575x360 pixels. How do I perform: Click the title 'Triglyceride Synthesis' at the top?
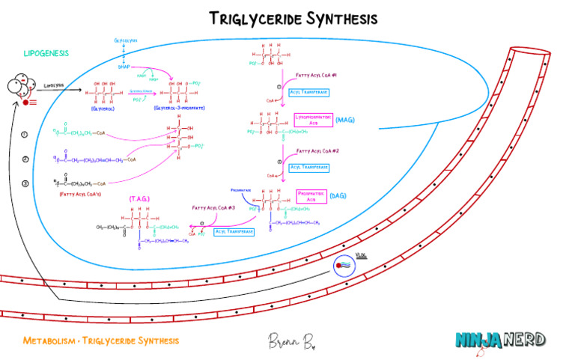(x=293, y=18)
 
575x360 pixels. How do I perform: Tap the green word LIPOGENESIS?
(x=46, y=53)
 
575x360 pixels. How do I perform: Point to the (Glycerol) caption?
(x=103, y=109)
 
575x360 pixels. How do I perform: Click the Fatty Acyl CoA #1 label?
(x=317, y=76)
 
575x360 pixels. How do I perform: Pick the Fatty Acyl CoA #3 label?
(x=213, y=207)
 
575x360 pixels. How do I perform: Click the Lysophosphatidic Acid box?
(x=313, y=120)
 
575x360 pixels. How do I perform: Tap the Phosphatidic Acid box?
(x=312, y=195)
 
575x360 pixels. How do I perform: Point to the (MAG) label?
(x=344, y=120)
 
